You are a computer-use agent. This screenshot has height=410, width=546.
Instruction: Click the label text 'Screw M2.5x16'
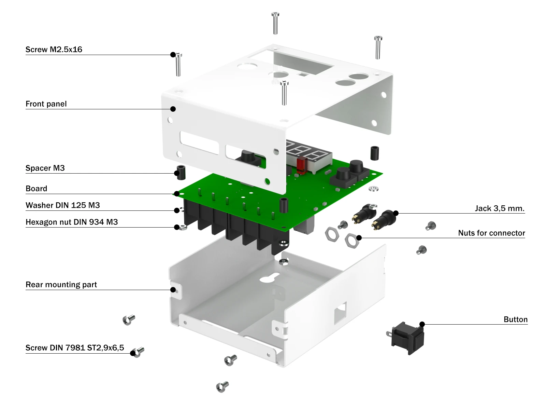[x=54, y=50]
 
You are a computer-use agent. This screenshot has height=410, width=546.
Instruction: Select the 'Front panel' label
[x=46, y=104]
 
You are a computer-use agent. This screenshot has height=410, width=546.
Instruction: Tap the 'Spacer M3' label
[x=45, y=168]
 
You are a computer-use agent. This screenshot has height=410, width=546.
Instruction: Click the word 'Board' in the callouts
[x=37, y=189]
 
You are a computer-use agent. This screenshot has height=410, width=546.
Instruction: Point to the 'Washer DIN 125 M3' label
[x=63, y=205]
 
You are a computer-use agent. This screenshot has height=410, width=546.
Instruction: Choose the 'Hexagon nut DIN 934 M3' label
[x=72, y=222]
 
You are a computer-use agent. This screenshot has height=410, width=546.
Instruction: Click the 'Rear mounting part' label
[x=61, y=285]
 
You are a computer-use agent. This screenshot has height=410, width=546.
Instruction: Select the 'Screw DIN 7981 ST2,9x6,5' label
[x=75, y=348]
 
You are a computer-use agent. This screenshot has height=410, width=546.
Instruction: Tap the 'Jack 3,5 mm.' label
[x=500, y=208]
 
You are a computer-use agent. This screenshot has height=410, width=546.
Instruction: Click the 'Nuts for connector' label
[x=491, y=233]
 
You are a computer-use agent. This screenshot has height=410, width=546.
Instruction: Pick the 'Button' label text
[x=515, y=319]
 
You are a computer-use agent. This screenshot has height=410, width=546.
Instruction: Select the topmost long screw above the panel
[x=275, y=23]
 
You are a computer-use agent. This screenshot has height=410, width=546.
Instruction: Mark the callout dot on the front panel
[x=173, y=109]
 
